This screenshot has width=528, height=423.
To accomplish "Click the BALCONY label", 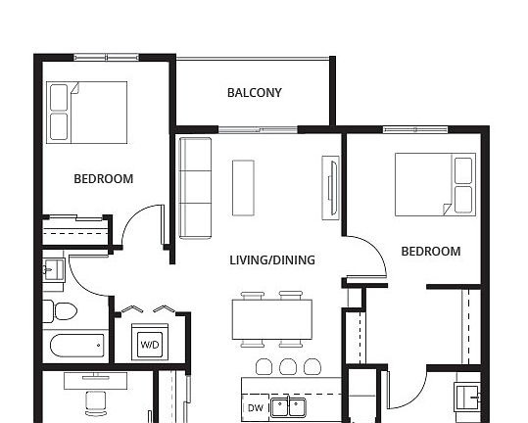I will pos(254,93).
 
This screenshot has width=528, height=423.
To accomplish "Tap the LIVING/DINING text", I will pos(272,260).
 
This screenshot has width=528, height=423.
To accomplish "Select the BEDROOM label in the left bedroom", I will pos(103,179).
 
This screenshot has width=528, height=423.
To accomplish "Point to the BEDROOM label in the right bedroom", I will pos(431,252).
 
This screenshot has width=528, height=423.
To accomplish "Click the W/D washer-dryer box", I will pos(150,344).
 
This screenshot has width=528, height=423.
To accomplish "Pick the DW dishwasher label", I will pos(255,407).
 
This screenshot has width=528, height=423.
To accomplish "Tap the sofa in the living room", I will pos(196,187).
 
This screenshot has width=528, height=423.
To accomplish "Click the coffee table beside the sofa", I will pos(243,187).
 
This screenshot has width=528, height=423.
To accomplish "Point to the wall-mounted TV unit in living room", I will pos(331,187).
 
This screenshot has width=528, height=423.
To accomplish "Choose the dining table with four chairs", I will pos(271,319).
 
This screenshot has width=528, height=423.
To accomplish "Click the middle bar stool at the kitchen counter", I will pos(287,366).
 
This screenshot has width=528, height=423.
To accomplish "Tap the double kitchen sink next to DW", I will pos(288,407).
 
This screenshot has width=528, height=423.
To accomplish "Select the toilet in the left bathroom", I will pos(62,312).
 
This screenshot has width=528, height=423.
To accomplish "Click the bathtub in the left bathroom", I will pos(76,346).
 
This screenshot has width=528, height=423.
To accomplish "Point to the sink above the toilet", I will pos(53,266).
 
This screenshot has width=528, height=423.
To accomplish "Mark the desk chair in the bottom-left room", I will pos(95,401).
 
